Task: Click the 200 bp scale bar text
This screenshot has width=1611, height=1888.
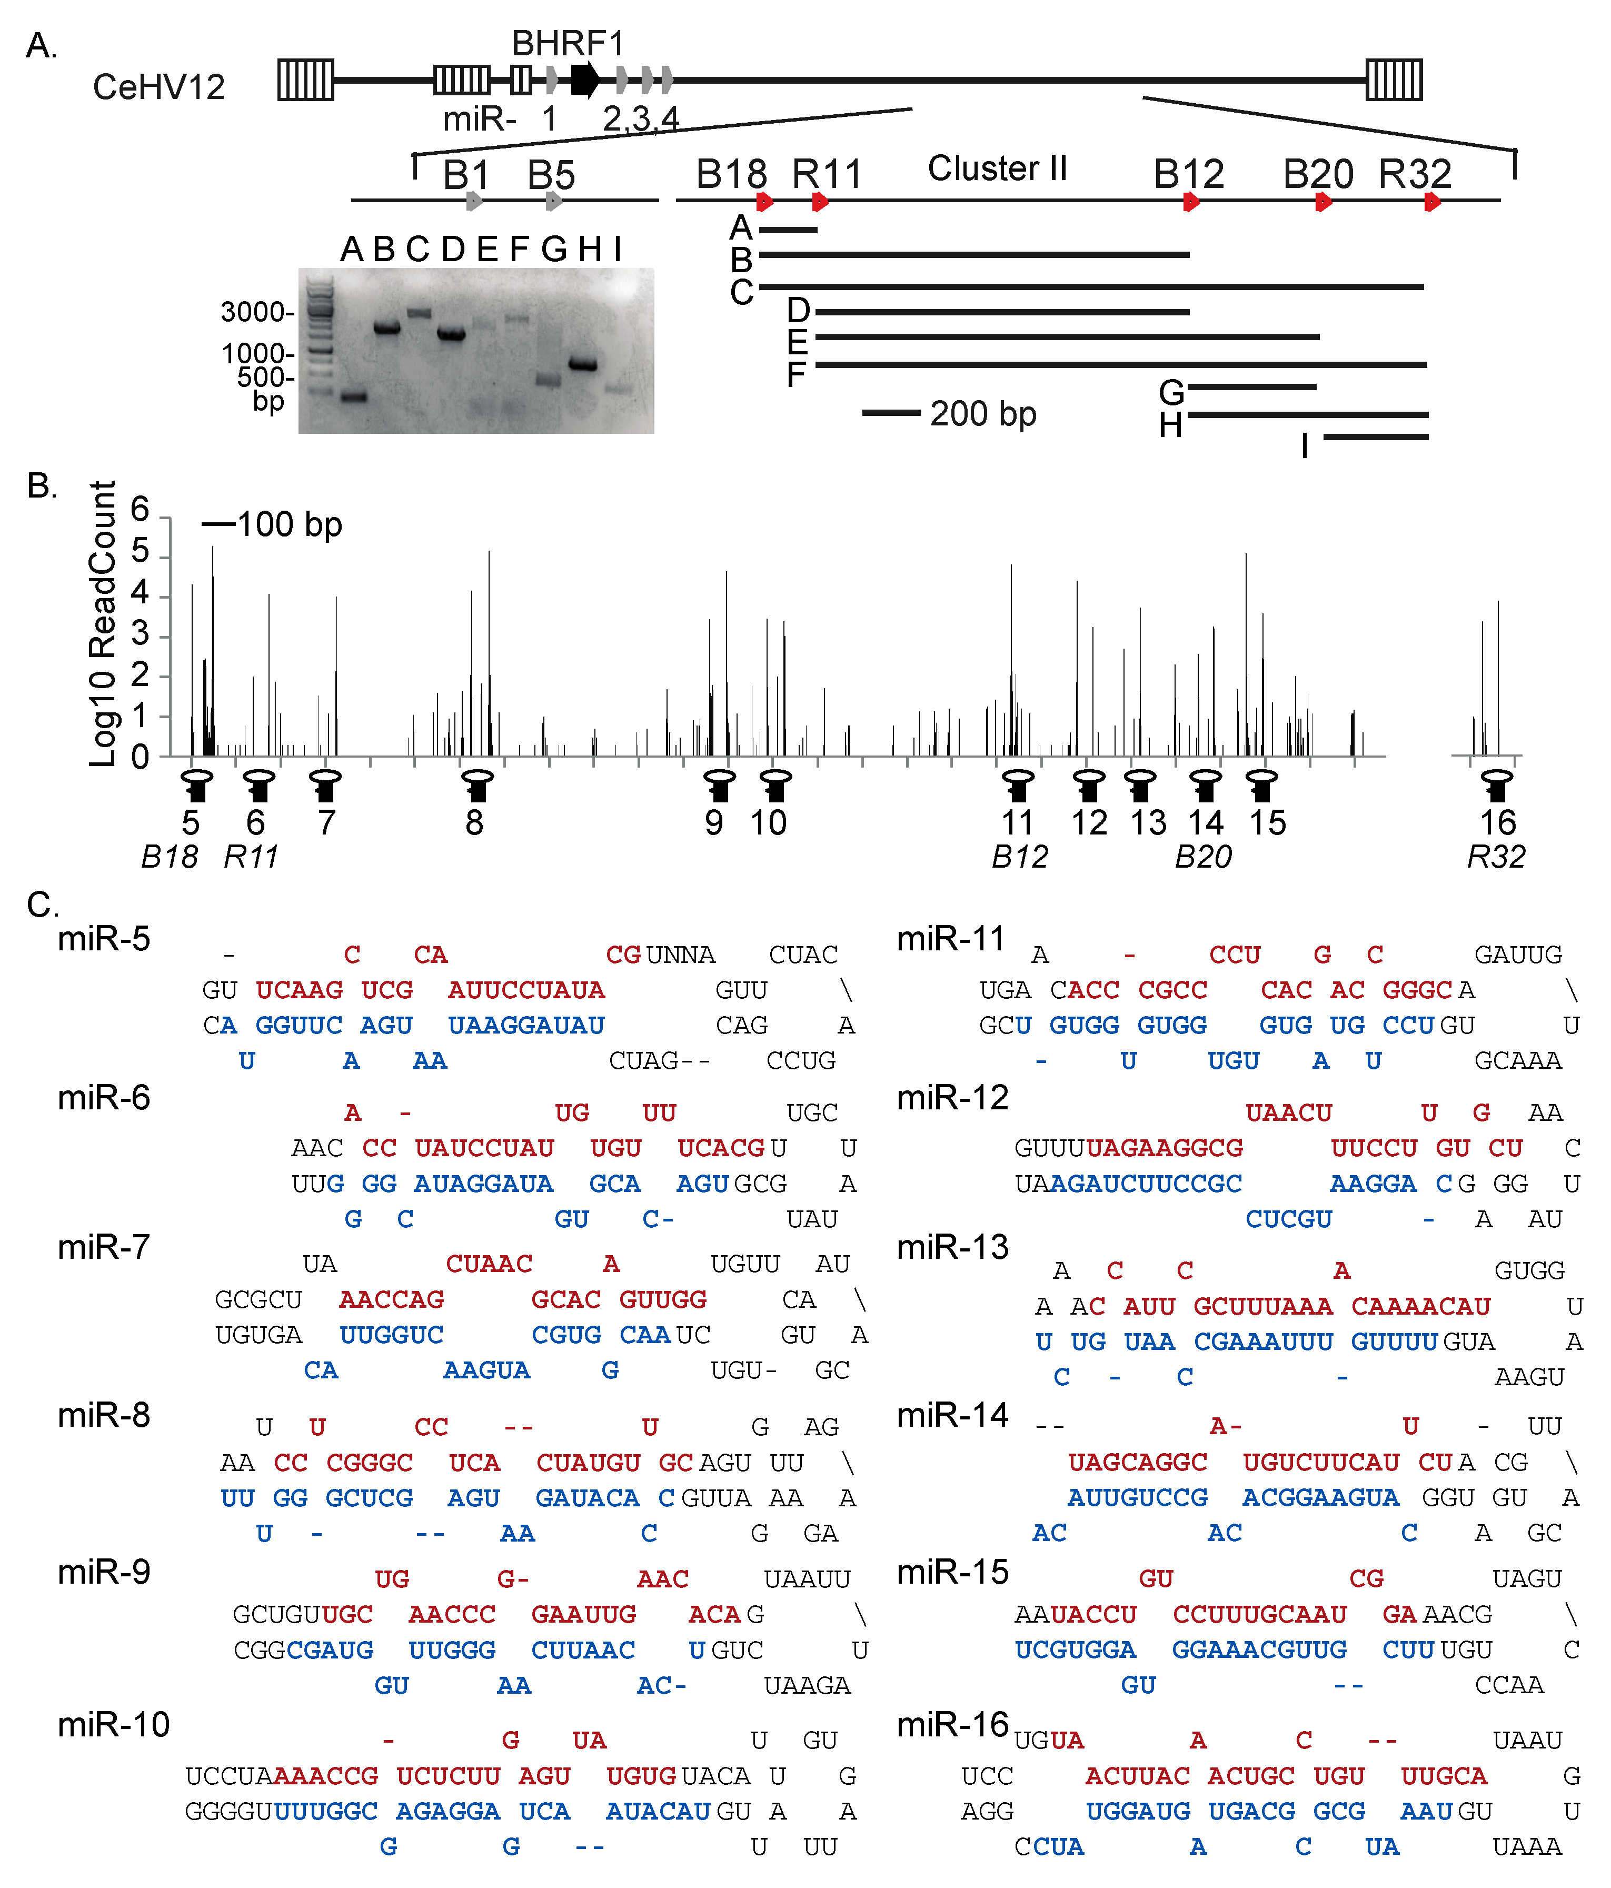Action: pyautogui.click(x=982, y=414)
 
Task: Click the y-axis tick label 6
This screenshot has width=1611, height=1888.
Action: pyautogui.click(x=140, y=509)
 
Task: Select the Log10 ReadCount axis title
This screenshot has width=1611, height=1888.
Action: pyautogui.click(x=103, y=624)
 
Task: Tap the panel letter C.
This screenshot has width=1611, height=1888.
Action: pyautogui.click(x=41, y=905)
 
